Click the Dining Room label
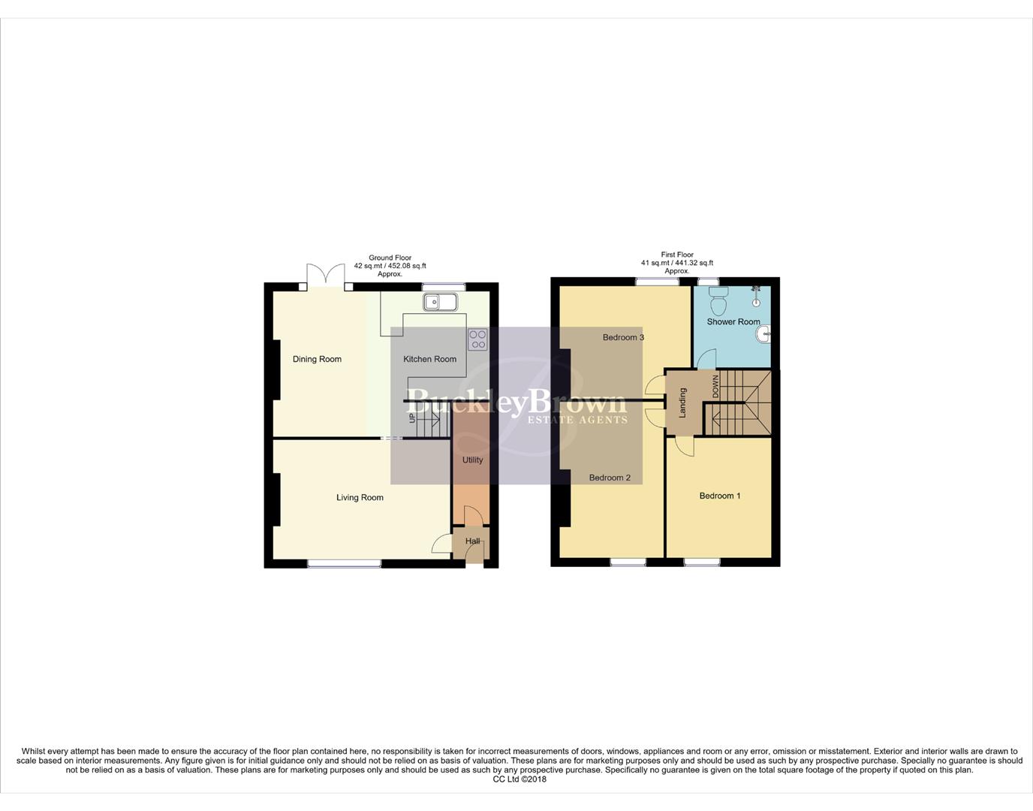pyautogui.click(x=317, y=359)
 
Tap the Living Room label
pyautogui.click(x=360, y=497)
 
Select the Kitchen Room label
pyautogui.click(x=429, y=359)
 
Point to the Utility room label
pyautogui.click(x=472, y=460)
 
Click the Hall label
pyautogui.click(x=472, y=541)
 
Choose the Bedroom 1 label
pyautogui.click(x=719, y=496)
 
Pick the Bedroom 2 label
pyautogui.click(x=610, y=478)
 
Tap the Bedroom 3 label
pyautogui.click(x=623, y=337)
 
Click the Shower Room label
pyautogui.click(x=733, y=321)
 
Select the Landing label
pyautogui.click(x=682, y=402)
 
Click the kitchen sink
pyautogui.click(x=440, y=302)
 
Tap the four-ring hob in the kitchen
pyautogui.click(x=477, y=339)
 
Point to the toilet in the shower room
pyautogui.click(x=718, y=301)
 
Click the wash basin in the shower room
pyautogui.click(x=764, y=335)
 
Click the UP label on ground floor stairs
pyautogui.click(x=412, y=418)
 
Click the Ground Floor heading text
pyautogui.click(x=390, y=258)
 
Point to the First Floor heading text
pyautogui.click(x=677, y=255)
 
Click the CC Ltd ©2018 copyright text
pyautogui.click(x=520, y=779)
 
